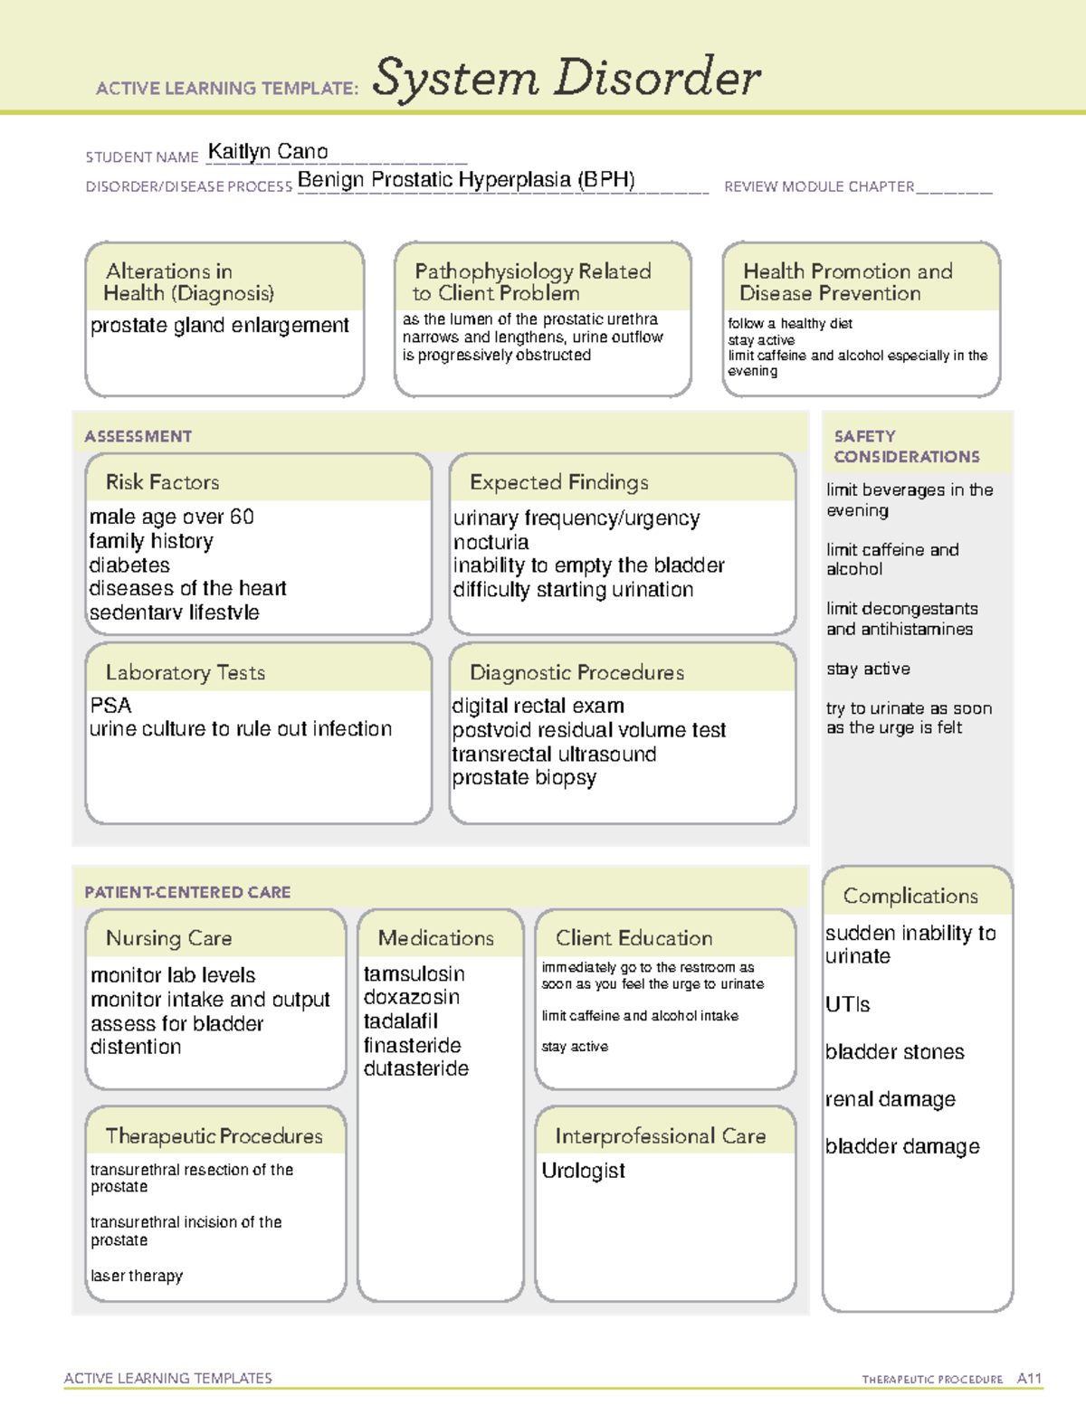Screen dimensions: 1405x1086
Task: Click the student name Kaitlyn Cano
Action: click(268, 152)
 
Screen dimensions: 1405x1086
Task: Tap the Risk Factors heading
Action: click(162, 482)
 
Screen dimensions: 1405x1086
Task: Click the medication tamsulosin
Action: click(414, 974)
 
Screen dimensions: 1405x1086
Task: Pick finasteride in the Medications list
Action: click(412, 1046)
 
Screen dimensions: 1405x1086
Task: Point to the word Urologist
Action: click(583, 1171)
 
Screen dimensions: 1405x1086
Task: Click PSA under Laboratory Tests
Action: click(110, 706)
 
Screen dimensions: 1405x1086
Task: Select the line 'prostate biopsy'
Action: click(524, 778)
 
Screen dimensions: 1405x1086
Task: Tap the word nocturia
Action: click(491, 542)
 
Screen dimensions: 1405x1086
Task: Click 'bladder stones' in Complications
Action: click(894, 1052)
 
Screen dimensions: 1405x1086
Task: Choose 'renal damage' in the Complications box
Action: click(890, 1099)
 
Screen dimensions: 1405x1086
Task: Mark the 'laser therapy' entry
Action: click(137, 1276)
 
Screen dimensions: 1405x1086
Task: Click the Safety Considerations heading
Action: click(906, 446)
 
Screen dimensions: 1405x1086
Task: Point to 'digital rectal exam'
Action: click(538, 706)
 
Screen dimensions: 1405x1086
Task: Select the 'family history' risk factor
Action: click(151, 541)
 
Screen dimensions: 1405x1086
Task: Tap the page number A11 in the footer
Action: click(1029, 1379)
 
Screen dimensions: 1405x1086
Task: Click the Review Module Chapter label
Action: click(819, 186)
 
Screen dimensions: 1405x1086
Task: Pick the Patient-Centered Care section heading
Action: click(187, 892)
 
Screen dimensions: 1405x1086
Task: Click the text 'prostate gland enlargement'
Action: click(219, 326)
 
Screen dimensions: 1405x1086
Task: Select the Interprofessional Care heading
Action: click(660, 1136)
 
